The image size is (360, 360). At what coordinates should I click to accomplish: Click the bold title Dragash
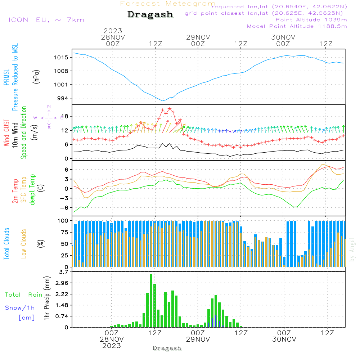pyautogui.click(x=150, y=15)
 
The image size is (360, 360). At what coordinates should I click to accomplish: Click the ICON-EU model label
pyautogui.click(x=46, y=20)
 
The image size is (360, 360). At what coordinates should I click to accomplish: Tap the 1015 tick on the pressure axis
pyautogui.click(x=61, y=57)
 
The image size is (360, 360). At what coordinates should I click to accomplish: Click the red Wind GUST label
pyautogui.click(x=6, y=132)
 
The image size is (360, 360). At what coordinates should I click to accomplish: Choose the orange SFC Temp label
pyautogui.click(x=24, y=190)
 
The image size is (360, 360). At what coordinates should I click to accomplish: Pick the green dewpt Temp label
pyautogui.click(x=32, y=190)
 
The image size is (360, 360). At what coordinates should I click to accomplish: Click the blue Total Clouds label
pyautogui.click(x=6, y=244)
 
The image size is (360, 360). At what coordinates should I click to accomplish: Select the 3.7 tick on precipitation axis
pyautogui.click(x=63, y=272)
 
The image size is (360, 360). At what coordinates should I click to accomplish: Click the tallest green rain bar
pyautogui.click(x=151, y=301)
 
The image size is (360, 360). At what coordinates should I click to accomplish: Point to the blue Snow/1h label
pyautogui.click(x=20, y=308)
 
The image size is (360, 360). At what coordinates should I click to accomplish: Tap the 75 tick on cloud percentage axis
pyautogui.click(x=64, y=232)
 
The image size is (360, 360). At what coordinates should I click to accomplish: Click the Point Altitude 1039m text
pyautogui.click(x=311, y=19)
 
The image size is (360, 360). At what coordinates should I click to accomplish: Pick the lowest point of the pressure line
pyautogui.click(x=163, y=101)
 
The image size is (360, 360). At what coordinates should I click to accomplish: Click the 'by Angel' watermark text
pyautogui.click(x=352, y=250)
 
